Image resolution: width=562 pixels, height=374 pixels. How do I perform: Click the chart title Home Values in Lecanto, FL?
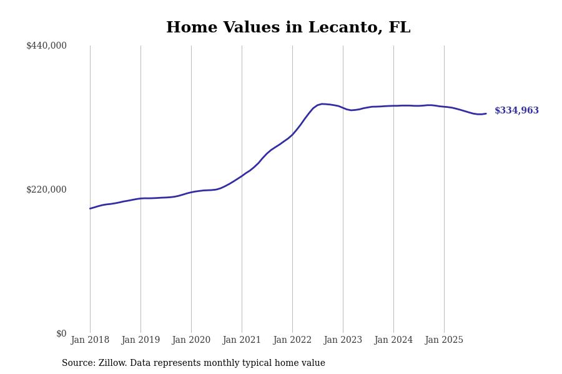[x=288, y=28]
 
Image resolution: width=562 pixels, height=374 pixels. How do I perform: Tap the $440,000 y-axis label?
[x=46, y=46]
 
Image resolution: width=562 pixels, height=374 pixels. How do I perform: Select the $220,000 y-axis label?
[x=46, y=189]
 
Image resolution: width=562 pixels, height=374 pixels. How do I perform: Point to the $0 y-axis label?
[x=61, y=333]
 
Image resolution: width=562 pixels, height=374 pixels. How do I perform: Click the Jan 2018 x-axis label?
[x=90, y=340]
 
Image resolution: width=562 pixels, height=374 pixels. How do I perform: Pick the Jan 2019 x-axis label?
[x=140, y=340]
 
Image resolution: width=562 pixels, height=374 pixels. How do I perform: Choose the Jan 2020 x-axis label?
[x=191, y=340]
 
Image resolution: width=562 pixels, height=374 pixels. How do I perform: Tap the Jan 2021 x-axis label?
[x=242, y=340]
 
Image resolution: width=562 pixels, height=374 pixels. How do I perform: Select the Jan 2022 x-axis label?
[x=292, y=340]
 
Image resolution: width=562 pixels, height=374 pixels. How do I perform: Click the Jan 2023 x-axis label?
[x=343, y=340]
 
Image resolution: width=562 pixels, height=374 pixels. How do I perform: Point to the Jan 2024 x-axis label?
[x=393, y=340]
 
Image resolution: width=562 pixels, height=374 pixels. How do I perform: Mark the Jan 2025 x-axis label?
[x=444, y=340]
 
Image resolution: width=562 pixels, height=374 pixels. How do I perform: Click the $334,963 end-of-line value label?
[x=516, y=111]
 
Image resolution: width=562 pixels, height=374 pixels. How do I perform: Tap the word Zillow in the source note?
[x=111, y=363]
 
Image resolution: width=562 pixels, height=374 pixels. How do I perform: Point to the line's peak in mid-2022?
[x=323, y=104]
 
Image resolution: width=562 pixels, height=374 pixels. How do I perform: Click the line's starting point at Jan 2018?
[x=90, y=208]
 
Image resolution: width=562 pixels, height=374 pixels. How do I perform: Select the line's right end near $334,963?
[x=486, y=113]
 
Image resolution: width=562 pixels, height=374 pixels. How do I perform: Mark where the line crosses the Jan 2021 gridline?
[x=242, y=176]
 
